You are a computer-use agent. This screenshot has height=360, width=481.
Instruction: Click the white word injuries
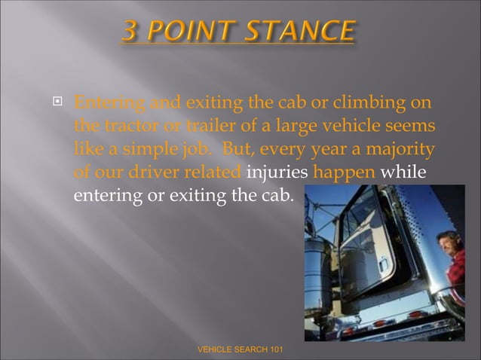277,172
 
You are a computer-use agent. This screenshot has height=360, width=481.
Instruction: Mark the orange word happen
344,172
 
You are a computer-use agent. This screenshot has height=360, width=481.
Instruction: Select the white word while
403,172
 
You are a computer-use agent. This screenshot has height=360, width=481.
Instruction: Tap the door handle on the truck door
384,266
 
